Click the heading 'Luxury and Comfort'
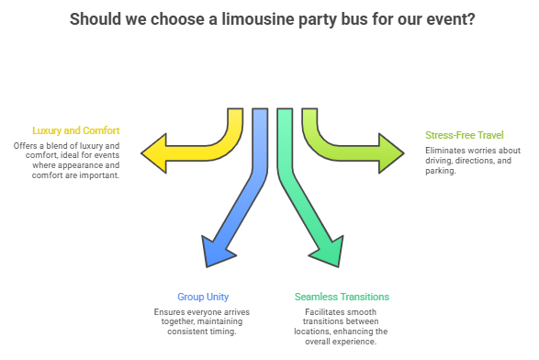[75, 131]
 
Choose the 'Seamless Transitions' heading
[342, 297]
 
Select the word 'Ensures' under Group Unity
[171, 312]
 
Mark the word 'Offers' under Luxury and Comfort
[28, 146]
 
